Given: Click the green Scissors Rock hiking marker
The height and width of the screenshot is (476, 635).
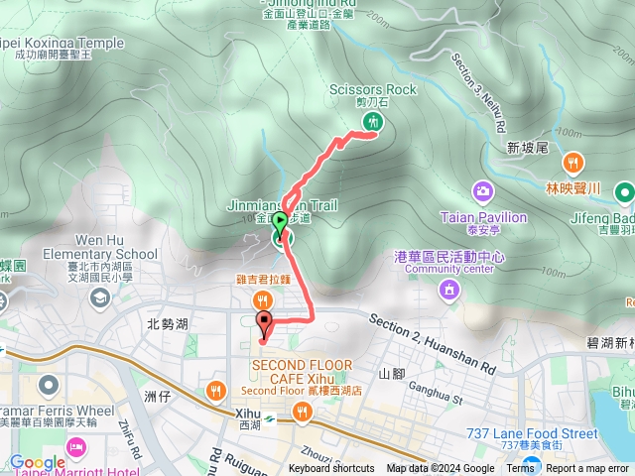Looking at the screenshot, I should click(373, 122).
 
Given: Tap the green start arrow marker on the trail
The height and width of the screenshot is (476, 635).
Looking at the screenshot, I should click(280, 222).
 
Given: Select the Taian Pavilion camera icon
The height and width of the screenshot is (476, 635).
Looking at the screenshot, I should click(482, 190).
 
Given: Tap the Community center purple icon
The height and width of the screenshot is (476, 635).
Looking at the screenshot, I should click(449, 290).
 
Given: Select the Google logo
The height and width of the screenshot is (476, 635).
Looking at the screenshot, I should click(37, 462).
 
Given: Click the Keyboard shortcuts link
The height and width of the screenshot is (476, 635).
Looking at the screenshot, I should click(331, 469).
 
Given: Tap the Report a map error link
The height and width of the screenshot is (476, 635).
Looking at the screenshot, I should click(587, 469).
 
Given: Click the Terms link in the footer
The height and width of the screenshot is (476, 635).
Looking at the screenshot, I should click(520, 469).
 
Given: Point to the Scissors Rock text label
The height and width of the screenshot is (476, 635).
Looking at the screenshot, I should click(373, 90).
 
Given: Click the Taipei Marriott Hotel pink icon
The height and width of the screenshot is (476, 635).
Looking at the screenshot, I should click(76, 449).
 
